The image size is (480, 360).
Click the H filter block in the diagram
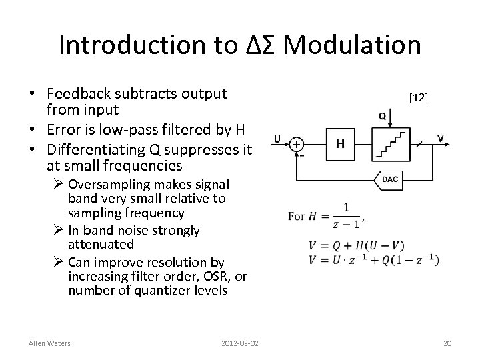(341, 144)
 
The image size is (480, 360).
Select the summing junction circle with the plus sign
(297, 144)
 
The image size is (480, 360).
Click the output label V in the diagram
(440, 138)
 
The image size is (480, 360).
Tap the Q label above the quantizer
(382, 115)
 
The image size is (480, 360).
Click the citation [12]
(418, 98)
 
